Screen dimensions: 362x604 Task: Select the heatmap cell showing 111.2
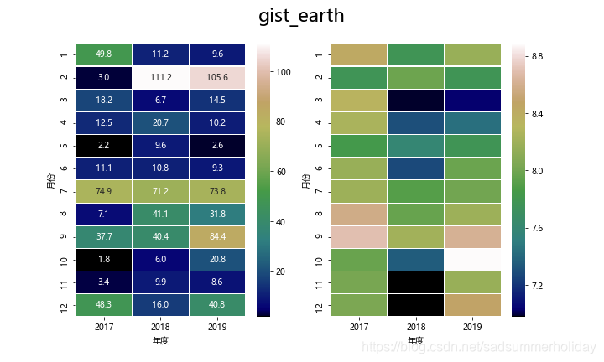[161, 78]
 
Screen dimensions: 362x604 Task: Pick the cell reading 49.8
[104, 54]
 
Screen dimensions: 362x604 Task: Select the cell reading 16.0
[161, 306]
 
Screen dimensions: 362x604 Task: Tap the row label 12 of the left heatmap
[65, 306]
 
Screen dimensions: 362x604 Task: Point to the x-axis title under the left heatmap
[161, 341]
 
